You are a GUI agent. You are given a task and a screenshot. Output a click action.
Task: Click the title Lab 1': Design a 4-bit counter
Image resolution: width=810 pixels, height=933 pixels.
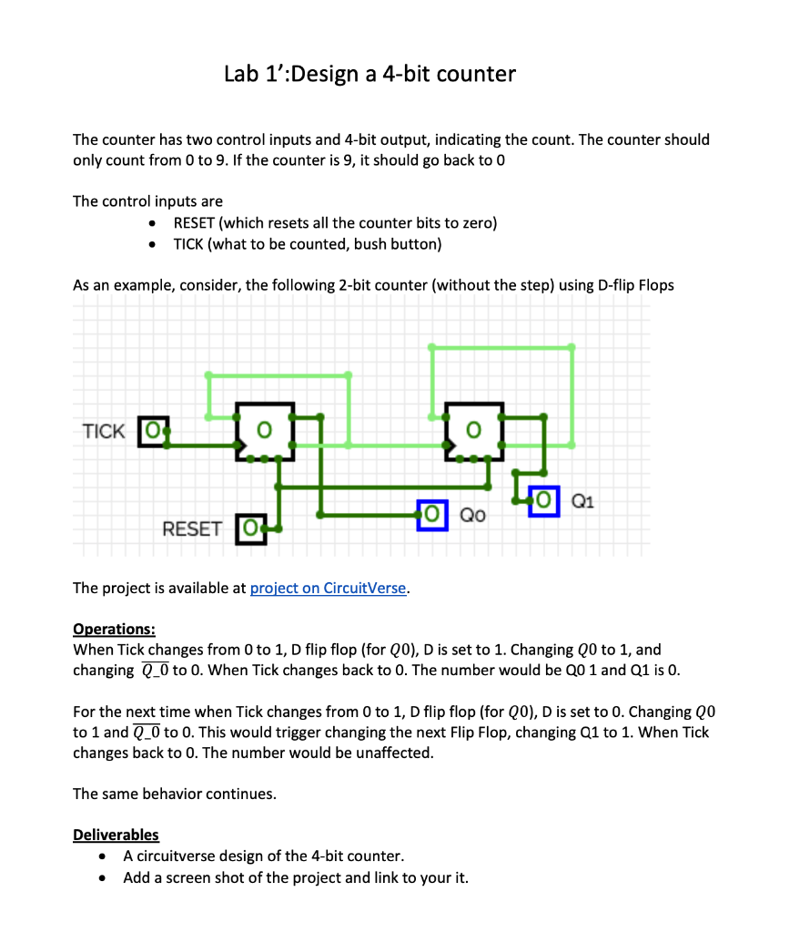coord(370,74)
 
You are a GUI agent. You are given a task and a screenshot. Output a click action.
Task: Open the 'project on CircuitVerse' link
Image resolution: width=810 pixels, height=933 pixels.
coord(328,588)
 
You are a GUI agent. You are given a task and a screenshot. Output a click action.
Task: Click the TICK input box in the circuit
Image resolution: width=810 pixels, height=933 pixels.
coord(152,431)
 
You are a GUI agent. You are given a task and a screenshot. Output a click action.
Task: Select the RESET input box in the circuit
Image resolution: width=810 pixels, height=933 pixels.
coord(250,528)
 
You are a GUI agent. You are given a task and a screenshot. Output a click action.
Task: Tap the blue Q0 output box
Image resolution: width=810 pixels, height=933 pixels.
coord(433,514)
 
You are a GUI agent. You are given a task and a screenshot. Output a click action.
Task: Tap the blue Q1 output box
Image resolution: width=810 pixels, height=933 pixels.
coord(545,500)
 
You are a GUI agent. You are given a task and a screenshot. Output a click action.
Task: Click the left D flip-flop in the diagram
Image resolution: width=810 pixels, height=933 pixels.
coord(265,430)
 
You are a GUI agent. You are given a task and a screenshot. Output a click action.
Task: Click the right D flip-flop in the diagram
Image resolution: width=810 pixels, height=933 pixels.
coord(473,430)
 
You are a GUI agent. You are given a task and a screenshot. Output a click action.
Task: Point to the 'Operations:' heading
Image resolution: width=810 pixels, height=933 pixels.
coord(114,629)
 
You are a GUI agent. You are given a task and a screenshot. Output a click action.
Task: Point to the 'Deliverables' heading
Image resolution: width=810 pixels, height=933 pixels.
coord(116,835)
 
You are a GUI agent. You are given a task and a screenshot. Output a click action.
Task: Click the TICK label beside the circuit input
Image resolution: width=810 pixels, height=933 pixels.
coord(104,431)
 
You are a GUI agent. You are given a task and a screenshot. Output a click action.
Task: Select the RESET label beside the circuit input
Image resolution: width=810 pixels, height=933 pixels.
coord(191,528)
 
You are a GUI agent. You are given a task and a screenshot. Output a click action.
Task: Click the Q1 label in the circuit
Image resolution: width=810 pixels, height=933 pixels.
coord(583,499)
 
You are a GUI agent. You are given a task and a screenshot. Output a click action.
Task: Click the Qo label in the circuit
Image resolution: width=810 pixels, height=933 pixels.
coord(472,515)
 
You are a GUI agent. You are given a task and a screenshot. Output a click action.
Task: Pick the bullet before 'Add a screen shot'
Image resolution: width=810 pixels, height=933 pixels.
coord(107,878)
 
